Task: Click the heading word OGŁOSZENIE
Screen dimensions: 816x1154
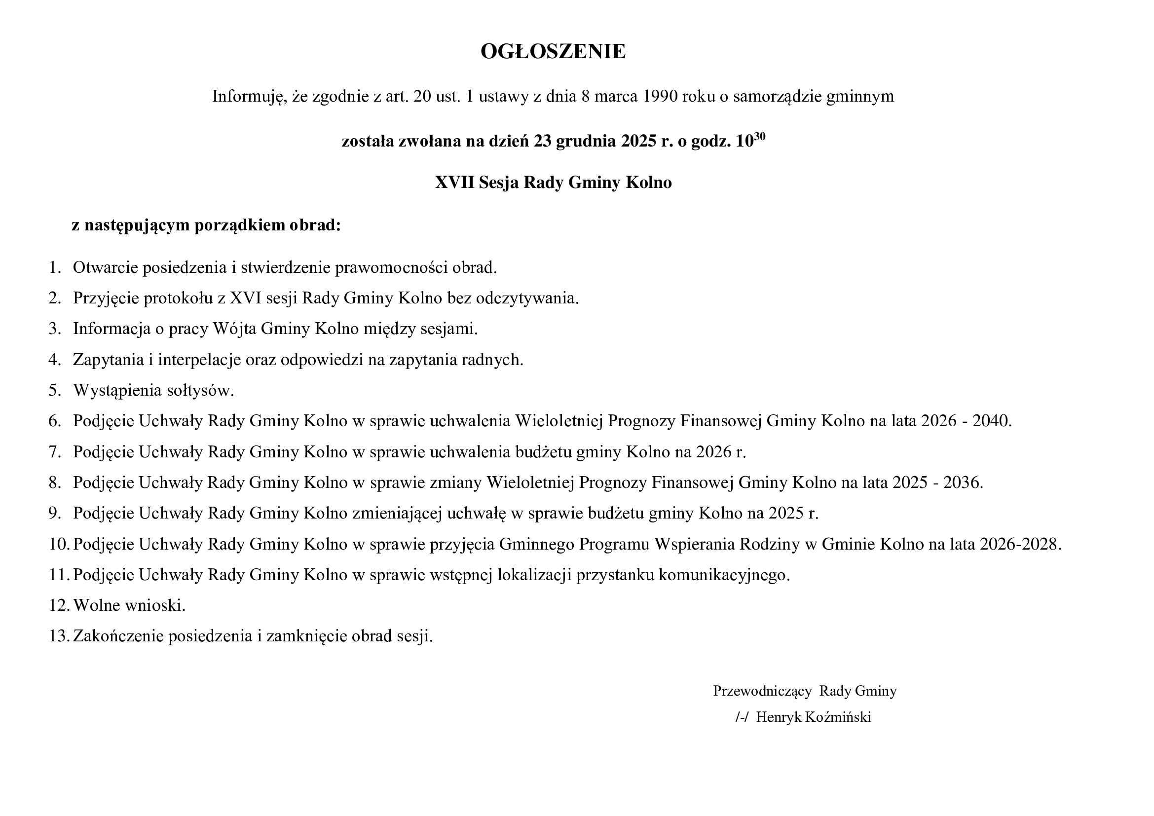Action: [553, 51]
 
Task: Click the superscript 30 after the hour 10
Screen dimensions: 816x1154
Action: [759, 136]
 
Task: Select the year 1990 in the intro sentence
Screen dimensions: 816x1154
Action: [660, 96]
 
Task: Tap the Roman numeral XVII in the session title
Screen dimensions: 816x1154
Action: [454, 182]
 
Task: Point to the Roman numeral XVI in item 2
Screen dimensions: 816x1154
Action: [246, 298]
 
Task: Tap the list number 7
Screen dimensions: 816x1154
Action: [54, 452]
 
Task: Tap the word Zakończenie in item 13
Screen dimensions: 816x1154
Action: [118, 636]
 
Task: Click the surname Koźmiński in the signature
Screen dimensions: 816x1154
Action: [838, 717]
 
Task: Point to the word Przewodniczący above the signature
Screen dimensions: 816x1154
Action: [762, 691]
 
